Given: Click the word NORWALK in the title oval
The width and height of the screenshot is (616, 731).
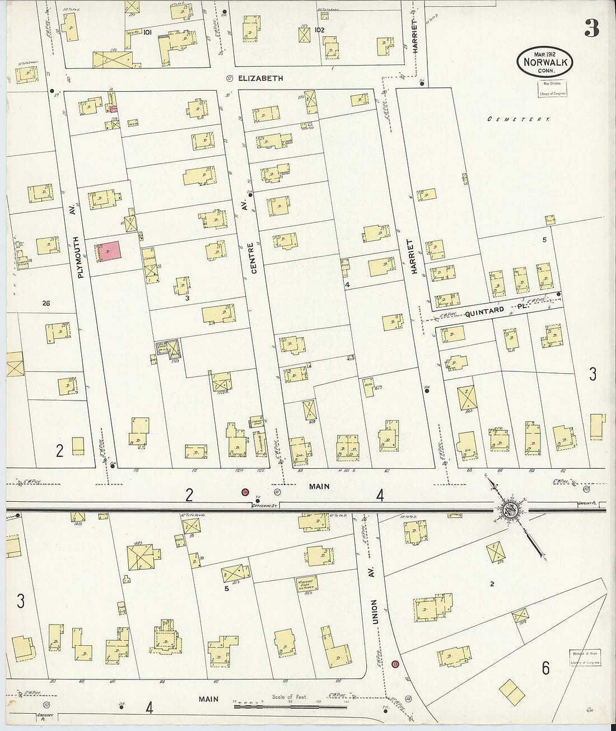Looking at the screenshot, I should [x=544, y=62].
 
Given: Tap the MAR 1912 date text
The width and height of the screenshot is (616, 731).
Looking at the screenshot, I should [x=544, y=53].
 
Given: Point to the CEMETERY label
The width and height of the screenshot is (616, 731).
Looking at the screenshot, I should [x=518, y=119].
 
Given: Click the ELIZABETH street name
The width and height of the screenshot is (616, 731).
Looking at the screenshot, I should [x=260, y=78].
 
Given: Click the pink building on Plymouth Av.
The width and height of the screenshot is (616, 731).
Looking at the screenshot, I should [x=110, y=252].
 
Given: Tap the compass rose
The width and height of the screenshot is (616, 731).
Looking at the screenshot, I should [x=510, y=509].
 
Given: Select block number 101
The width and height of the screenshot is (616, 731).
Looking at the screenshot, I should [x=147, y=32].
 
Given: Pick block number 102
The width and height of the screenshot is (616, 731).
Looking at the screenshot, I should [x=319, y=30].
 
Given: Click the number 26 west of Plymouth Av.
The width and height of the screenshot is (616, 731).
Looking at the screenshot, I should [x=46, y=303].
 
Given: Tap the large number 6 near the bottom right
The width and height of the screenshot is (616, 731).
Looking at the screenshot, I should [x=545, y=668].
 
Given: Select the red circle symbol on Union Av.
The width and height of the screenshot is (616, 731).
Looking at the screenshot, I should [x=395, y=664].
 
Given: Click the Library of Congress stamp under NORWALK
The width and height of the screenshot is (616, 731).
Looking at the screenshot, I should [x=552, y=89].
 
